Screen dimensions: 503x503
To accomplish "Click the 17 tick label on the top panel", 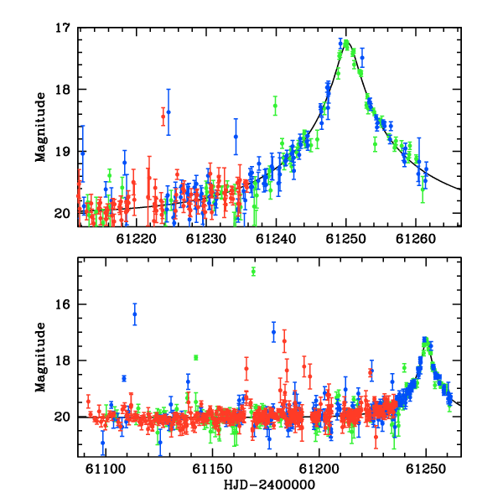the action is click(62, 28).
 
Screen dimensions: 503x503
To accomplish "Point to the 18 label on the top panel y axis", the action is click(62, 90).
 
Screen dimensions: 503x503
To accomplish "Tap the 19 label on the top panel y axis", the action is click(62, 152).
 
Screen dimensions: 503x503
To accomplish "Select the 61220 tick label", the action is click(136, 239).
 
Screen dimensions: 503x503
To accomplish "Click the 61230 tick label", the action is click(206, 239).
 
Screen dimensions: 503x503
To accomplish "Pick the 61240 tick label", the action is click(276, 239).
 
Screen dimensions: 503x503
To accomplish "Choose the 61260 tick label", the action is click(416, 239).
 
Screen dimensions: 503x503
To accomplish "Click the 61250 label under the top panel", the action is click(345, 239).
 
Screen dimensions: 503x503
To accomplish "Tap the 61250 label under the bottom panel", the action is click(426, 469).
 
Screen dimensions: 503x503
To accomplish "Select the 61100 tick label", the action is click(106, 469).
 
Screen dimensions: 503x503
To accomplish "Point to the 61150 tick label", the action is click(212, 469).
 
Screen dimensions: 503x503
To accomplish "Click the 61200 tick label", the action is click(319, 469).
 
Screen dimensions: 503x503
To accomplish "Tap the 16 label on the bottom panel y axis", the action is click(62, 304).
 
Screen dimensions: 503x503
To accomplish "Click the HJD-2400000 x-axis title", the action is click(269, 485).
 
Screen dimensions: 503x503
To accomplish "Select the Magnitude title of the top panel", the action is click(40, 127).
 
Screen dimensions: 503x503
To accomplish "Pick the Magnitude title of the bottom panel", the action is click(40, 357).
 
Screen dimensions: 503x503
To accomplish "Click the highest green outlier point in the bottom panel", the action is click(253, 272).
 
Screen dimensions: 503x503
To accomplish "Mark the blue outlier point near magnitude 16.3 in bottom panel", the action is click(135, 314).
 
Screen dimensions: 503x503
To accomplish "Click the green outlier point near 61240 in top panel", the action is click(275, 106).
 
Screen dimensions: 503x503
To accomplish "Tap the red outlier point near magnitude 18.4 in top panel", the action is click(163, 117).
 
